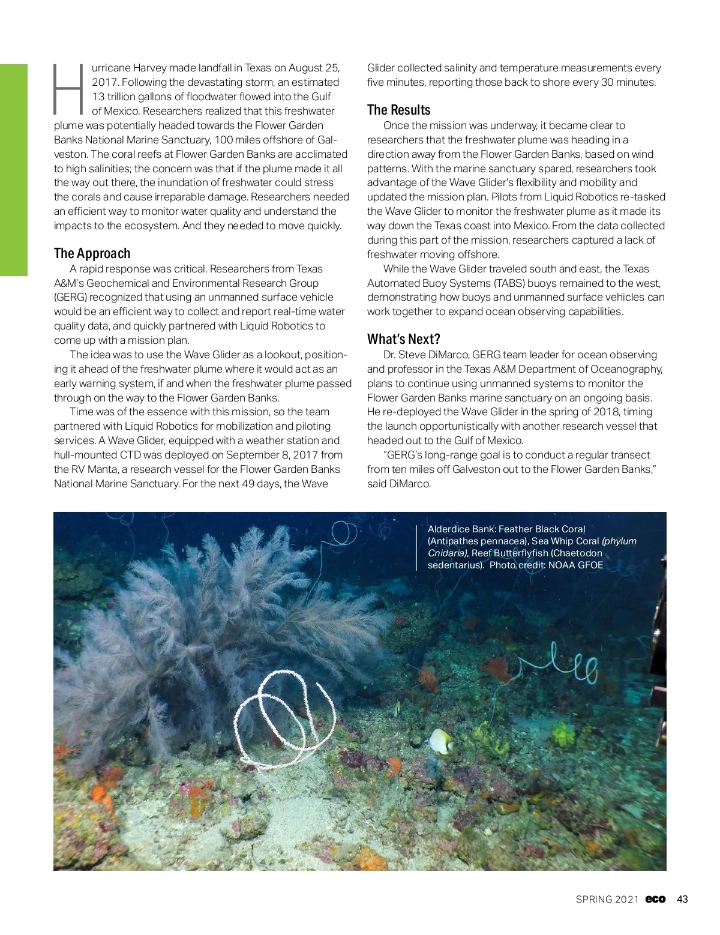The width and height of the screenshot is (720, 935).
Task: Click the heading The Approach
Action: pos(92,253)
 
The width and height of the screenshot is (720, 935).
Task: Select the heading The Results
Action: pos(398,110)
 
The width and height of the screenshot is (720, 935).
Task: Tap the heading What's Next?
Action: pos(403,339)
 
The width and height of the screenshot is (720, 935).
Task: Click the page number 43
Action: pos(682,899)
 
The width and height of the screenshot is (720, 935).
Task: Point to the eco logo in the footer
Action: pos(655,899)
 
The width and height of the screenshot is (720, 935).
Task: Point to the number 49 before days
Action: pos(248,484)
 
